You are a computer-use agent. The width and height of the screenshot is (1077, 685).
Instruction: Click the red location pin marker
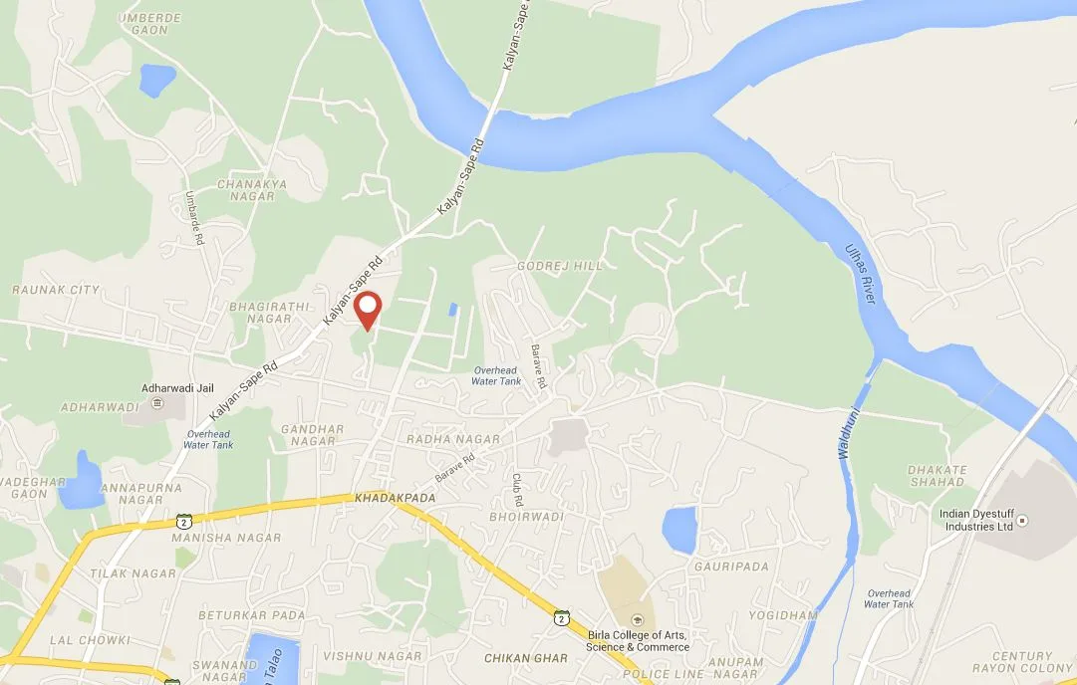pyautogui.click(x=369, y=308)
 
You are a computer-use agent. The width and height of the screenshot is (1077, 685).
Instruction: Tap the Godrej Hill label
pyautogui.click(x=560, y=267)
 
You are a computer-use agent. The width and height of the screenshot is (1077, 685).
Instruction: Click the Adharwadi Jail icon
pyautogui.click(x=157, y=402)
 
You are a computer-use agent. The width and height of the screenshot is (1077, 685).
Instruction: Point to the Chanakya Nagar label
pyautogui.click(x=245, y=190)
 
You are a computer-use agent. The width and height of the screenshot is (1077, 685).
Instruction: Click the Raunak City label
pyautogui.click(x=56, y=290)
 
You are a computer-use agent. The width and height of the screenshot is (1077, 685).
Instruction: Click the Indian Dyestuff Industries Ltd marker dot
pyautogui.click(x=1021, y=520)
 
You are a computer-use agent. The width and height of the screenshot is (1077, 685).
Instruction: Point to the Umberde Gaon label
pyautogui.click(x=149, y=24)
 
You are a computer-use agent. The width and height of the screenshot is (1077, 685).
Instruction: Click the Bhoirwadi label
pyautogui.click(x=527, y=518)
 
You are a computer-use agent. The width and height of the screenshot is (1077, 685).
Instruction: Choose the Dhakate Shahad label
pyautogui.click(x=938, y=476)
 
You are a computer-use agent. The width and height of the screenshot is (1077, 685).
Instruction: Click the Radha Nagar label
pyautogui.click(x=438, y=439)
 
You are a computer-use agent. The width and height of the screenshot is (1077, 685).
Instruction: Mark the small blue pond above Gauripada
pyautogui.click(x=679, y=530)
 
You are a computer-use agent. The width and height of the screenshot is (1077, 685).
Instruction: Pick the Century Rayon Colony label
pyautogui.click(x=1021, y=662)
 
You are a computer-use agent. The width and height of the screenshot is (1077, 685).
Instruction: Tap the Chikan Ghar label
pyautogui.click(x=525, y=658)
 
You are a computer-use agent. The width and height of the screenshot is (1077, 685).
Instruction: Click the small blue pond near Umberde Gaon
pyautogui.click(x=157, y=81)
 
